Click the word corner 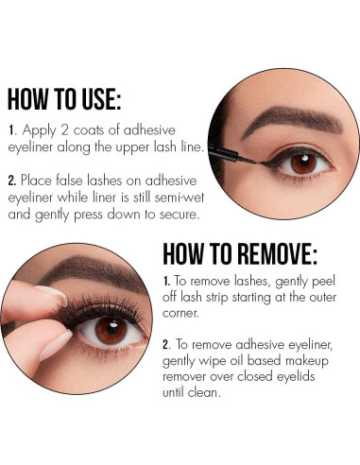(185, 315)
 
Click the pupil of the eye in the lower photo (111, 331)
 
